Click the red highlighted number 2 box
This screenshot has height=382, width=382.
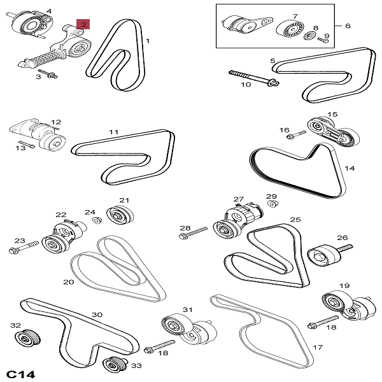(84, 24)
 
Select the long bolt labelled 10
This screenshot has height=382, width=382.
(252, 77)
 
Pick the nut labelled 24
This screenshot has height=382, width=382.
(98, 220)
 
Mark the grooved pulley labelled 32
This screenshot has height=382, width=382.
(29, 337)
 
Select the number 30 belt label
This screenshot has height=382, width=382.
(97, 314)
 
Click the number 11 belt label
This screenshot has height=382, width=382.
(113, 132)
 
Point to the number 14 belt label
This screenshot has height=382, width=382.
(349, 169)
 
